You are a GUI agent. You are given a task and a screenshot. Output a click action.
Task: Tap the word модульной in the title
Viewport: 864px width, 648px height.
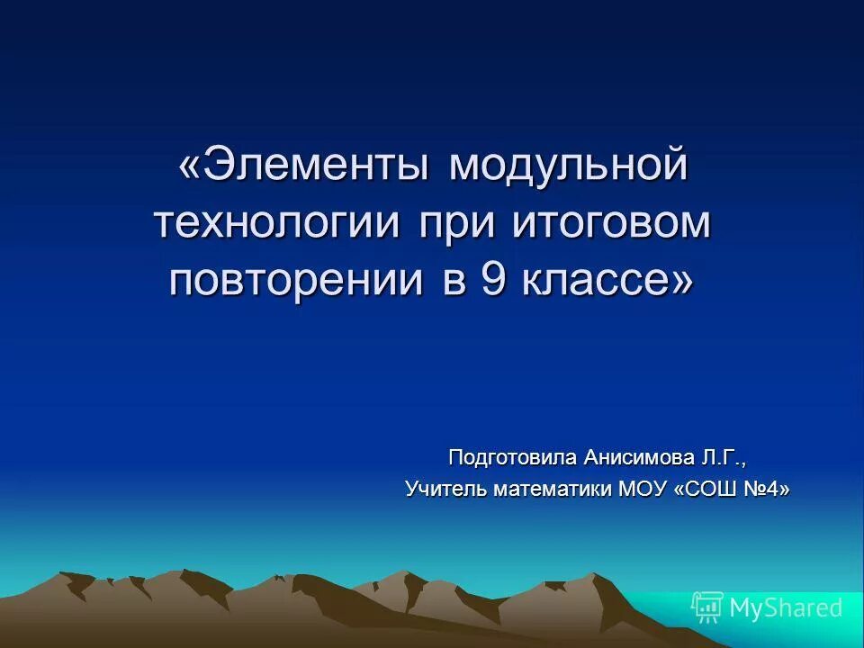pos(569,167)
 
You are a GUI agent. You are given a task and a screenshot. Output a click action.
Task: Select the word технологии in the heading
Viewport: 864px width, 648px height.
pos(276,223)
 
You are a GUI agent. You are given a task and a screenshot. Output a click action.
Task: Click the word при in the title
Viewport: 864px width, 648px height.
pos(457,223)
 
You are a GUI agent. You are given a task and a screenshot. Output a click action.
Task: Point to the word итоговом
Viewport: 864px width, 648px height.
pos(612,223)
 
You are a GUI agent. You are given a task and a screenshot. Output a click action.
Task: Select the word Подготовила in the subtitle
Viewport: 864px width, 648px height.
pos(512,457)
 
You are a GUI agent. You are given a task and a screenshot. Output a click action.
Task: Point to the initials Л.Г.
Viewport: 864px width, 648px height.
pos(724,457)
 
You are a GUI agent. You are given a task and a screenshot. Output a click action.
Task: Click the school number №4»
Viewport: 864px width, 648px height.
pos(768,490)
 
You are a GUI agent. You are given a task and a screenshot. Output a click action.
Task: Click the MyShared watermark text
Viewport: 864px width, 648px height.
pos(785,608)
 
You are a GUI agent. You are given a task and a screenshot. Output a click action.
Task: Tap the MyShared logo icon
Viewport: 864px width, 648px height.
pos(706,607)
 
